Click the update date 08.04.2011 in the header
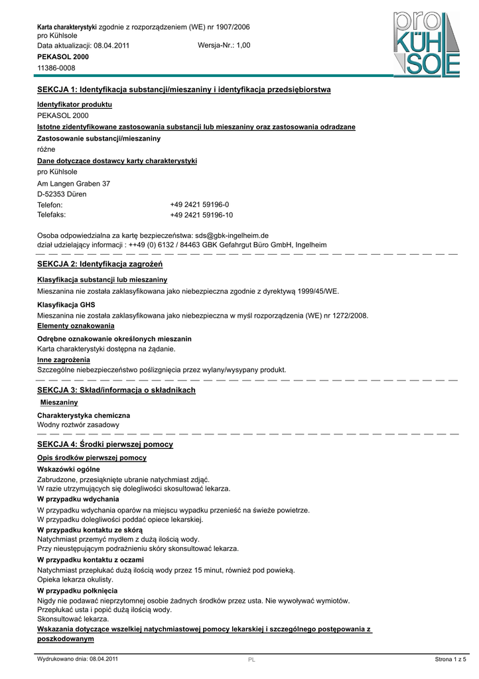[x=112, y=46]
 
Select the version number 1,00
[x=242, y=46]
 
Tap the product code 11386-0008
[x=56, y=68]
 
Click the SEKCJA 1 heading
[x=184, y=90]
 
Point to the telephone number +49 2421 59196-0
[x=200, y=205]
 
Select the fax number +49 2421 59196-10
[x=202, y=215]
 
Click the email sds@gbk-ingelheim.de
[x=231, y=235]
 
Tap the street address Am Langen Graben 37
[x=74, y=183]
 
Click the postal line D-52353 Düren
[x=62, y=194]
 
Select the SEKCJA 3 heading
[x=116, y=391]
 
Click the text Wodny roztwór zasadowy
[x=78, y=424]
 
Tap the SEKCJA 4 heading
[x=105, y=444]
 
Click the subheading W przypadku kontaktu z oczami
[x=90, y=560]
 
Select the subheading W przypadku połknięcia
[x=77, y=590]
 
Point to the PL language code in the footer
[x=251, y=660]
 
